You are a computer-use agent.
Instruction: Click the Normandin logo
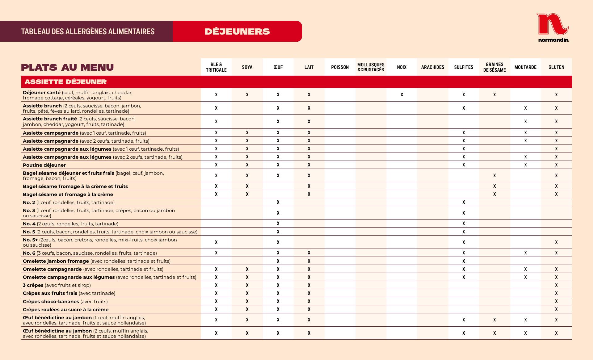pos(553,27)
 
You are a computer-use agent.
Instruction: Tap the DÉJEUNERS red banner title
pos(237,31)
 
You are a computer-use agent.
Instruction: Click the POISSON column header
pos(340,67)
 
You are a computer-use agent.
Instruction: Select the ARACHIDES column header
pos(432,67)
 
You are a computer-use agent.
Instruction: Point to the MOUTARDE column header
pos(525,67)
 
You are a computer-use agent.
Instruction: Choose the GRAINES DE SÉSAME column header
pos(494,67)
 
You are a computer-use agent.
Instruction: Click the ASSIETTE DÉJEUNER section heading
pos(65,82)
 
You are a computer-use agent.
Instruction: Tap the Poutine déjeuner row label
pos(44,165)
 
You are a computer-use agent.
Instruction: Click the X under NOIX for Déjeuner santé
pos(402,95)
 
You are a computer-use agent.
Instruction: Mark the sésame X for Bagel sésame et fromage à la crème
pos(494,194)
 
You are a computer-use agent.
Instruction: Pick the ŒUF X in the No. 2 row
pos(278,202)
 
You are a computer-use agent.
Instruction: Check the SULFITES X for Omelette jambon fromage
pos(464,261)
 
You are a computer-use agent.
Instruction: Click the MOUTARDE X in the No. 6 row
pos(525,253)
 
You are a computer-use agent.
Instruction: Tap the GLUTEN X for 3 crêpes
pos(556,285)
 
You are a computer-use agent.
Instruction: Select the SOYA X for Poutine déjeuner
pos(247,165)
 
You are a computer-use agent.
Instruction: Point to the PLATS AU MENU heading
pos(67,67)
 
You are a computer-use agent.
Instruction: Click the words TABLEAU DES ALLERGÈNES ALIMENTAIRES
pos(88,31)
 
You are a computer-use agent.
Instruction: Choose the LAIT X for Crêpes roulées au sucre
pos(309,309)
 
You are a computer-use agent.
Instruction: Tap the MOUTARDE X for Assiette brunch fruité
pos(525,122)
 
